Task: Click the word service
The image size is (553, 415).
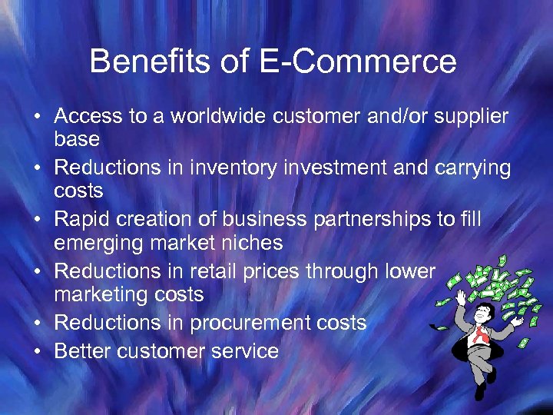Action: coord(241,351)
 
